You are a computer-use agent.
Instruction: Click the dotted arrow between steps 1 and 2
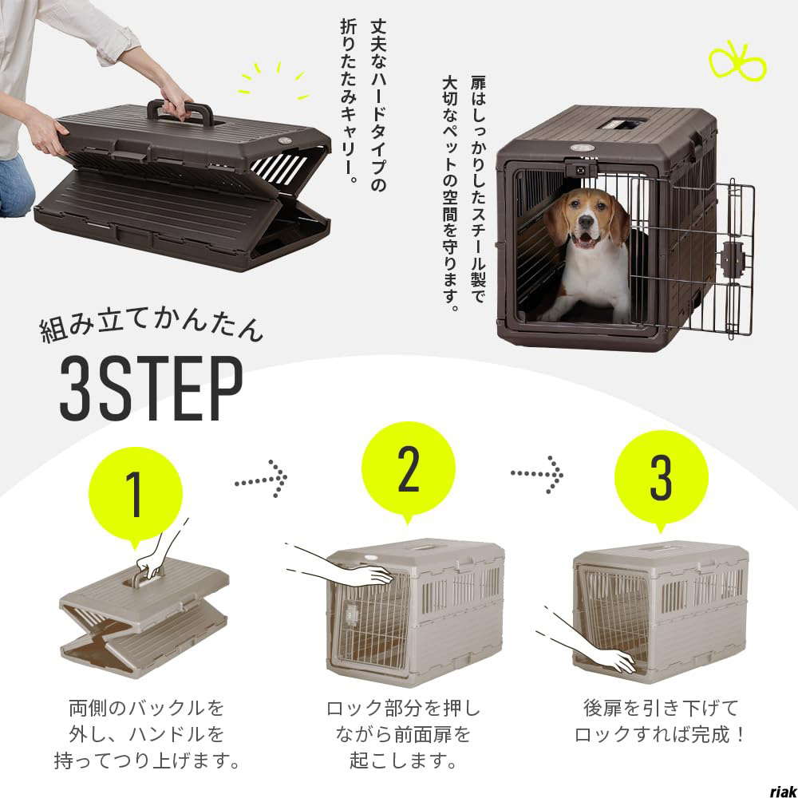click(261, 478)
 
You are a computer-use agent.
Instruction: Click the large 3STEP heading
click(151, 389)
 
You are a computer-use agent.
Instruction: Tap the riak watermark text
click(783, 790)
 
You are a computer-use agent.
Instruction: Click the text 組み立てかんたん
click(151, 328)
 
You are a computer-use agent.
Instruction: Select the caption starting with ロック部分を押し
click(403, 734)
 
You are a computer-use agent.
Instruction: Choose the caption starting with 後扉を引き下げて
click(661, 721)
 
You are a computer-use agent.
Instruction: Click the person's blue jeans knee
click(15, 186)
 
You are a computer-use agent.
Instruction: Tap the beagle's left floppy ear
click(558, 220)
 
